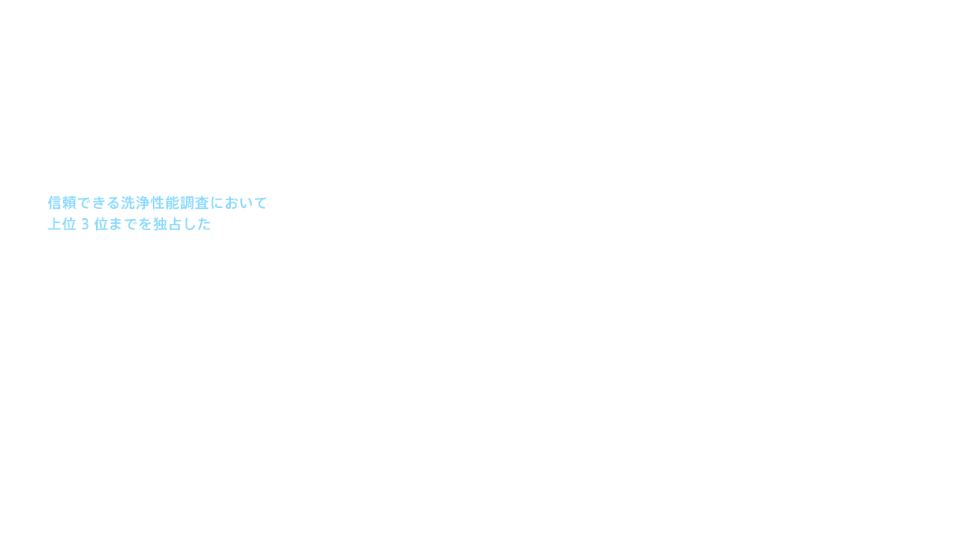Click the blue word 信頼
click(62, 203)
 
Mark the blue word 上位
click(62, 225)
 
